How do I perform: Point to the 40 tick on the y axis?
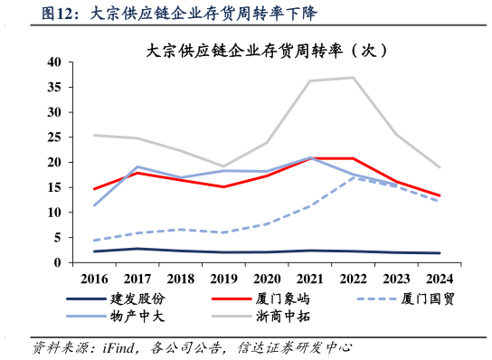(53, 62)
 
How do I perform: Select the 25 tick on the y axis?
(53, 137)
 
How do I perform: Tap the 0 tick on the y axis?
(57, 262)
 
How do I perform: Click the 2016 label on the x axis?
(94, 278)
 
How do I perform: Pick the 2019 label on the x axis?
(223, 278)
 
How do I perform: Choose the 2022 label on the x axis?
(353, 278)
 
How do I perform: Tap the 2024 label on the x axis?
(439, 278)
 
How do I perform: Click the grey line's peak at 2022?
(353, 78)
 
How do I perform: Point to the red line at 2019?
(223, 187)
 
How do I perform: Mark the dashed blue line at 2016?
(94, 241)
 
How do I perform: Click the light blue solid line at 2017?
(137, 166)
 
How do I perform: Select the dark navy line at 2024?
(439, 253)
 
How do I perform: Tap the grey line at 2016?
(94, 136)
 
